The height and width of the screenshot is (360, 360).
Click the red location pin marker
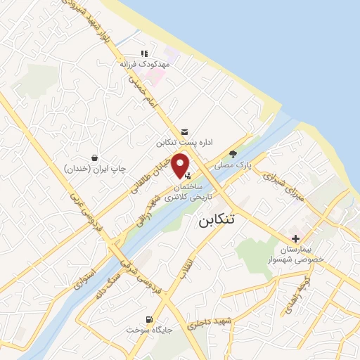point(181,165)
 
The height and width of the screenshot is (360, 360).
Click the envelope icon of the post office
point(184,131)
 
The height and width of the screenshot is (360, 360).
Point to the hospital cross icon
point(295,238)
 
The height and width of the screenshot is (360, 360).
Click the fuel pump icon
point(148,318)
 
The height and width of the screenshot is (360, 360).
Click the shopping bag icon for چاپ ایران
point(94,157)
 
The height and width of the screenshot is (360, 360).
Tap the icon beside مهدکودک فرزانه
point(145,53)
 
